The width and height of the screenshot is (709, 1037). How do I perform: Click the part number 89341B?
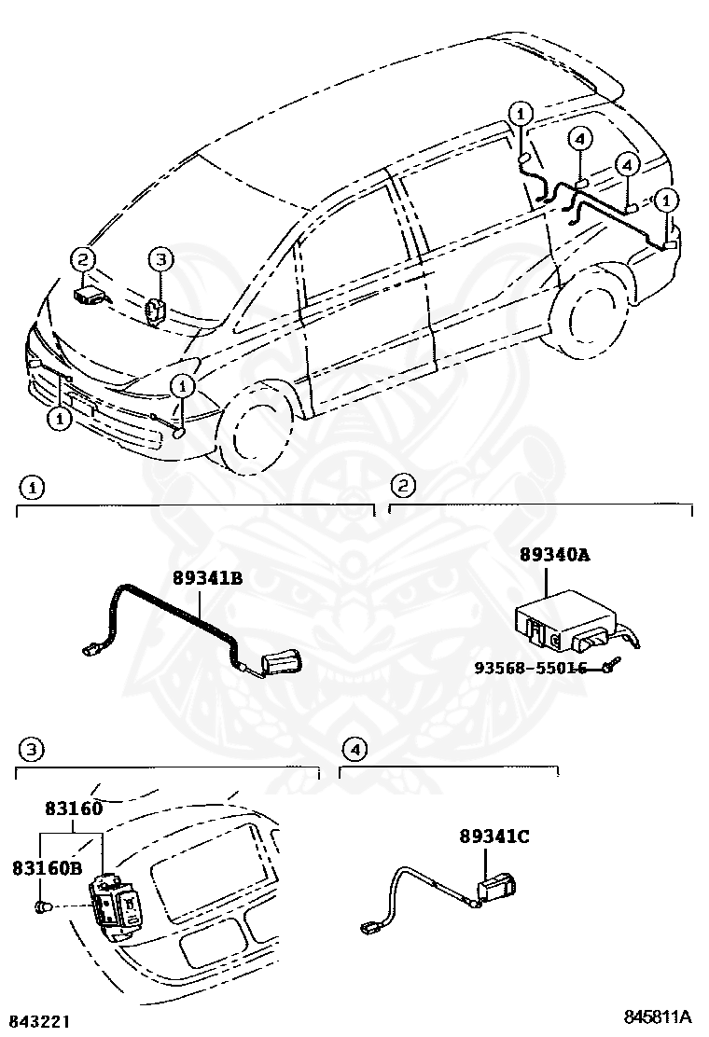tap(207, 578)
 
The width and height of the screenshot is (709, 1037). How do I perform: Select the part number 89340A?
tap(554, 555)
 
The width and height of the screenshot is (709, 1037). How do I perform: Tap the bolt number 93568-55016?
tap(530, 668)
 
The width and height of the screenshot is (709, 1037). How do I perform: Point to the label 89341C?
tap(494, 837)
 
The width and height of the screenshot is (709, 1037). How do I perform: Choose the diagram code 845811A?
tap(658, 1016)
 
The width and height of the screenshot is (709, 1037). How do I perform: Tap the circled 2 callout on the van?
tap(83, 259)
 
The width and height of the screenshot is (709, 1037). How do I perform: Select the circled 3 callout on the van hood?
tap(160, 258)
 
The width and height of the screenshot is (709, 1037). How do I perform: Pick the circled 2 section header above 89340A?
tap(402, 485)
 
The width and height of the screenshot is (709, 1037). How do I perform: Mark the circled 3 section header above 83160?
tap(32, 749)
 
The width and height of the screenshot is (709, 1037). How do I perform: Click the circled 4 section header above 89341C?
tap(354, 748)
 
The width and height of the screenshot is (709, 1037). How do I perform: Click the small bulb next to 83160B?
tap(42, 906)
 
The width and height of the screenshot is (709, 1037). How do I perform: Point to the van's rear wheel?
tap(592, 307)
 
